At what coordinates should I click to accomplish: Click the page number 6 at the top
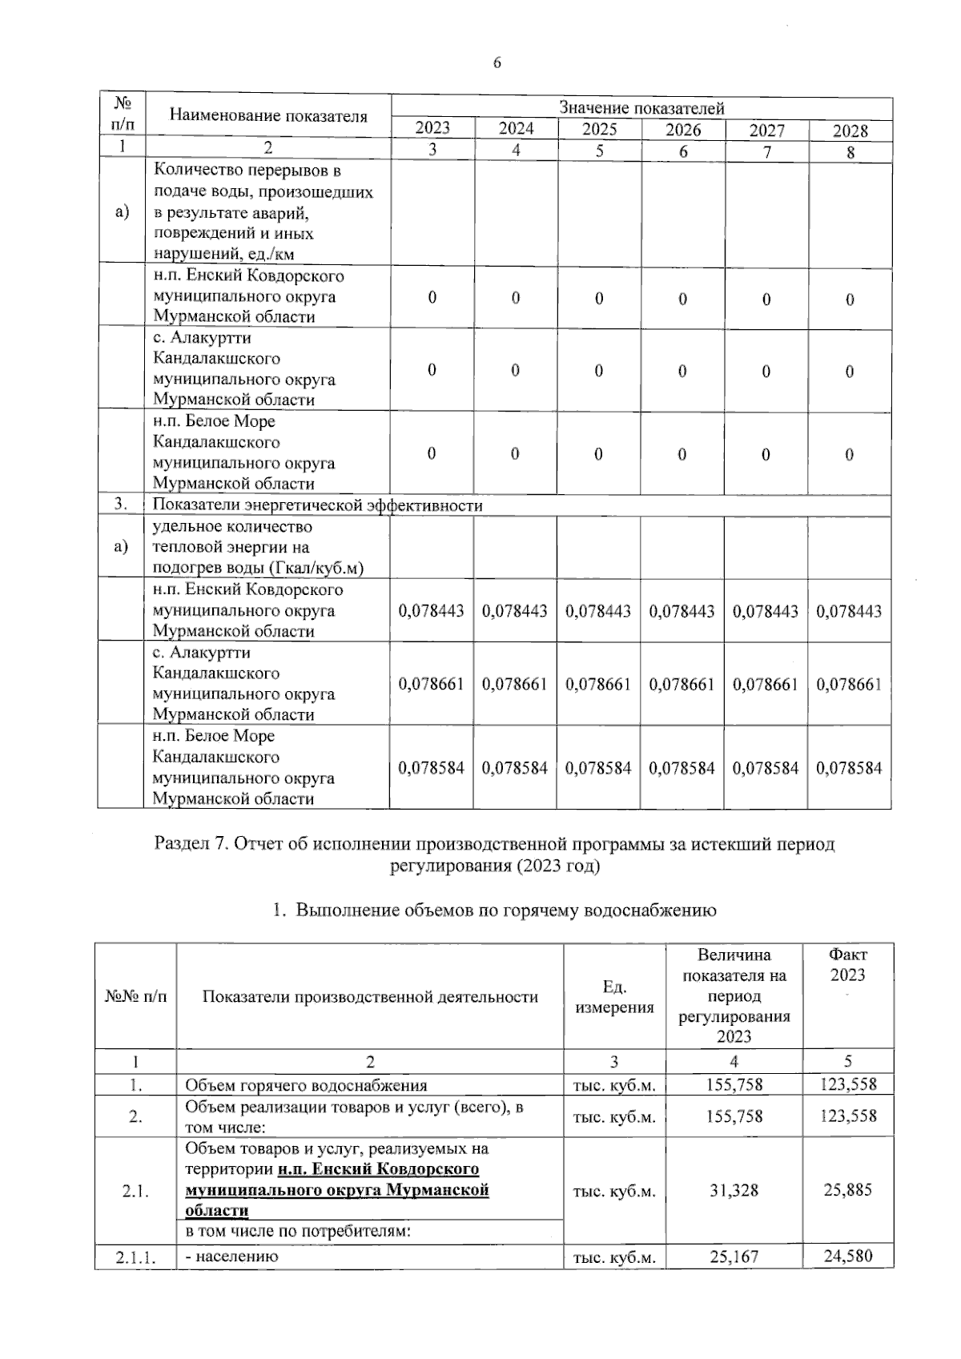(497, 63)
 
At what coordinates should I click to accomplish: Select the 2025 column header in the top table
(599, 129)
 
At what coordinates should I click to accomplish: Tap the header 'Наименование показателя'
(268, 116)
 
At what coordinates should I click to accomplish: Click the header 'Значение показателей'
(641, 108)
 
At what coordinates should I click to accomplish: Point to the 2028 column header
(850, 131)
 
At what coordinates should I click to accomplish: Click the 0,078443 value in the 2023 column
(431, 611)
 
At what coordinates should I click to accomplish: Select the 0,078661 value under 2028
(849, 685)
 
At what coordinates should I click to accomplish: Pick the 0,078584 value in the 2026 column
(682, 768)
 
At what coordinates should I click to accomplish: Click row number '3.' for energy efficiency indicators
(121, 505)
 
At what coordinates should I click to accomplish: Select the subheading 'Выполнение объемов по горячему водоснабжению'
(506, 911)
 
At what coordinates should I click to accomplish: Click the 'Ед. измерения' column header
(614, 997)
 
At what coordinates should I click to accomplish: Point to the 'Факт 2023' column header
(847, 965)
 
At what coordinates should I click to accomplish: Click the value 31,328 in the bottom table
(734, 1191)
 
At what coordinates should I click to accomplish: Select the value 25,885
(847, 1190)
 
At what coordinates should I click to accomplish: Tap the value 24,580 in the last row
(847, 1256)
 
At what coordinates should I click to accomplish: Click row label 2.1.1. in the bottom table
(135, 1257)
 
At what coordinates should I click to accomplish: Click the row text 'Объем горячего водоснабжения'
(306, 1086)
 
